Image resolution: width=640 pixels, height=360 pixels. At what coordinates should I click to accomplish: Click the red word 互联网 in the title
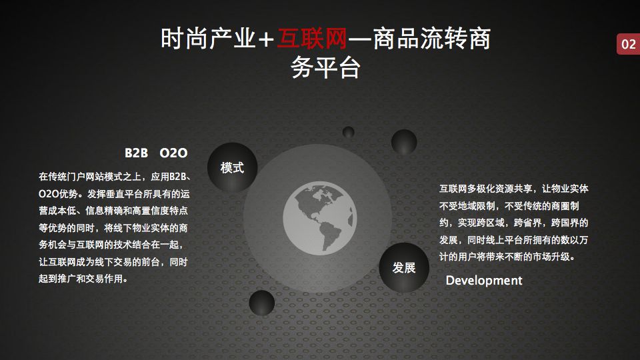pyautogui.click(x=312, y=39)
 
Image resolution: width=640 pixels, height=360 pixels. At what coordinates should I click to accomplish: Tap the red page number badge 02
pyautogui.click(x=628, y=44)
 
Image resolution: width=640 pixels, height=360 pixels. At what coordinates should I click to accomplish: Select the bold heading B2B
pyautogui.click(x=136, y=153)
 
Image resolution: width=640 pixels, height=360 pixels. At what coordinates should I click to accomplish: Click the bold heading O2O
pyautogui.click(x=173, y=153)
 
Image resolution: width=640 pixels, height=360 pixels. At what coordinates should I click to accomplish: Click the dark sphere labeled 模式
pyautogui.click(x=232, y=167)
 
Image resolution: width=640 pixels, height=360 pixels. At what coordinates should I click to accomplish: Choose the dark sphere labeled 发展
pyautogui.click(x=404, y=267)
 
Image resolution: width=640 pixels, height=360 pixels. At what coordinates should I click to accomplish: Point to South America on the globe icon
pyautogui.click(x=330, y=236)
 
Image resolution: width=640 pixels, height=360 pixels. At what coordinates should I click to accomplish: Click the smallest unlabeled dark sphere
pyautogui.click(x=348, y=132)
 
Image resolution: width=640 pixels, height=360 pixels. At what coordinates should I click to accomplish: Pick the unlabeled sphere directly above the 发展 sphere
pyautogui.click(x=404, y=142)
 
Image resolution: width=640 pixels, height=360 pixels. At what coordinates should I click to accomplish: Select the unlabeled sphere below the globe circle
pyautogui.click(x=261, y=303)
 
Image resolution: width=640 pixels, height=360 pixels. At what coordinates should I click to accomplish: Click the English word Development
pyautogui.click(x=484, y=281)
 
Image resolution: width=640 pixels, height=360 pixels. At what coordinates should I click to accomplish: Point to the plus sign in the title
pyautogui.click(x=266, y=39)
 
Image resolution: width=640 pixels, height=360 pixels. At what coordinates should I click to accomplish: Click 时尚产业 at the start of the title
pyautogui.click(x=208, y=39)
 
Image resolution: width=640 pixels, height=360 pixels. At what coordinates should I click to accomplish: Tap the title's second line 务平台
pyautogui.click(x=325, y=67)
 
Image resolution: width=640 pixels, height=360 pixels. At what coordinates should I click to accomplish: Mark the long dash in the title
pyautogui.click(x=359, y=39)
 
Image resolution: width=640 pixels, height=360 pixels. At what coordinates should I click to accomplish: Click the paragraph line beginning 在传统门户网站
pyautogui.click(x=115, y=177)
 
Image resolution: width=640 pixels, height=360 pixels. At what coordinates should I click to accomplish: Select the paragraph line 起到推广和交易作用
pyautogui.click(x=83, y=279)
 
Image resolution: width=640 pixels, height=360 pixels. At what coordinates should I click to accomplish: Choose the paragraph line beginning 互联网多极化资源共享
pyautogui.click(x=514, y=189)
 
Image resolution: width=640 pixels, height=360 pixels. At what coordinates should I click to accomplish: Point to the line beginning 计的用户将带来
pyautogui.click(x=507, y=257)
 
